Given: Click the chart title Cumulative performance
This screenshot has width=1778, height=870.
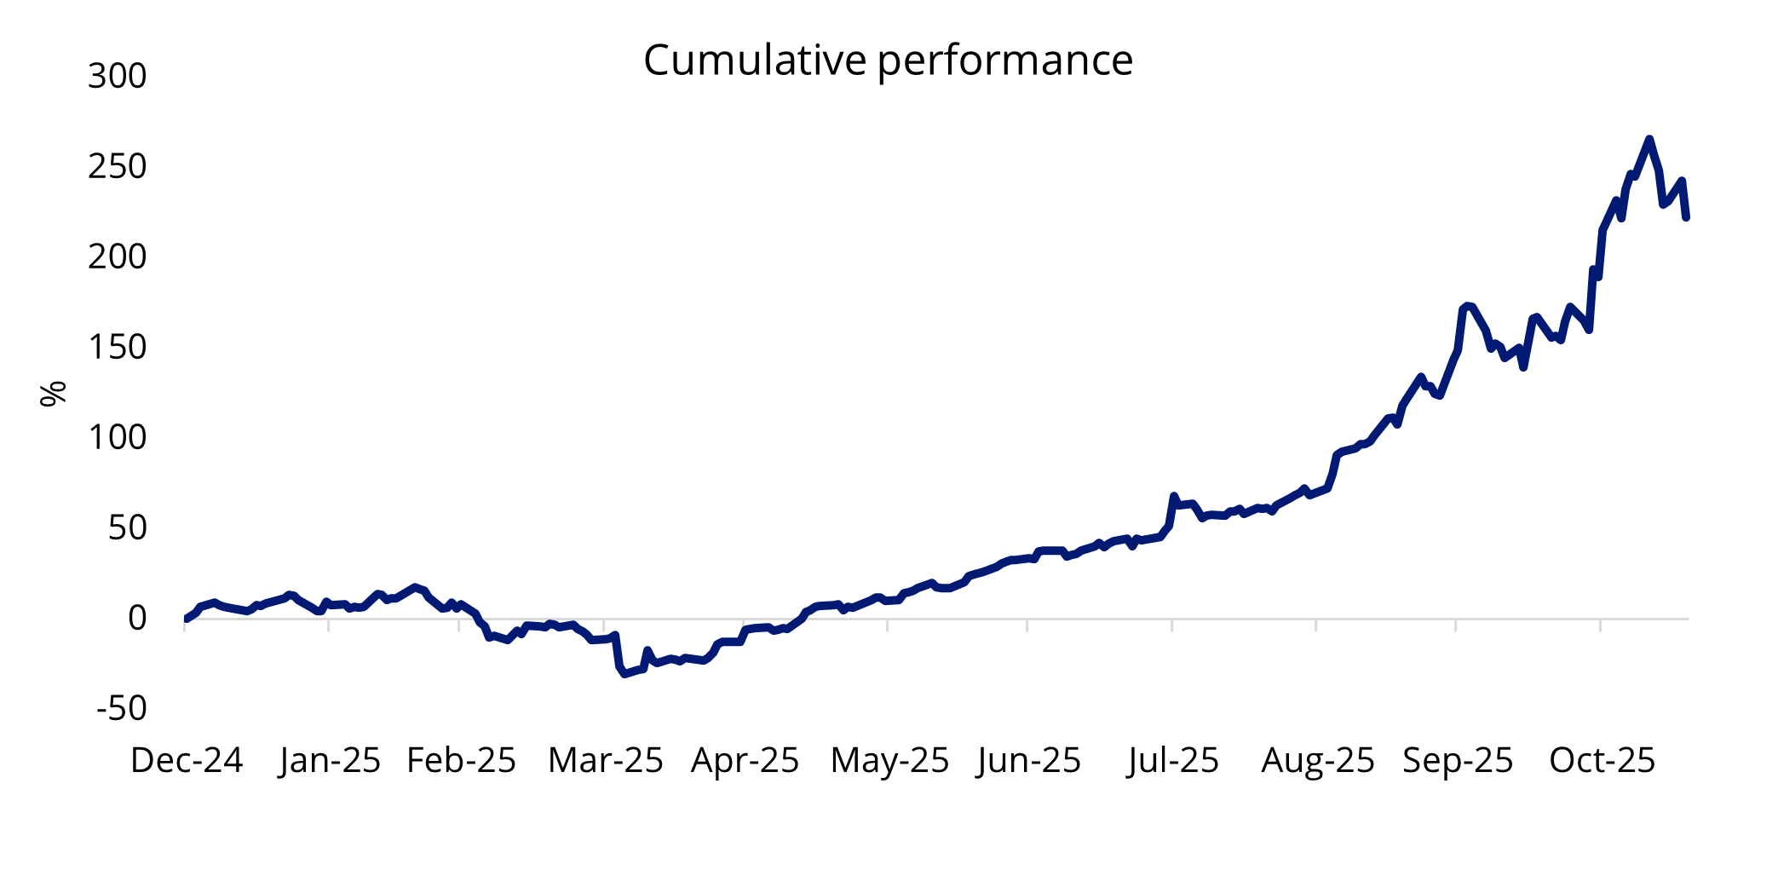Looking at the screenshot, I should [888, 60].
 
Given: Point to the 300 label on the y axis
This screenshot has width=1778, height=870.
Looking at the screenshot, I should [118, 77].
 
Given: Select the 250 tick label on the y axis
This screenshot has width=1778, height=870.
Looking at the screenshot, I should [118, 167].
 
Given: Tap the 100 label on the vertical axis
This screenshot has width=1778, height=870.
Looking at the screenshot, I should [118, 438].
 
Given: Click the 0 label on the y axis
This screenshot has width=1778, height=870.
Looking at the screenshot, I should [137, 619].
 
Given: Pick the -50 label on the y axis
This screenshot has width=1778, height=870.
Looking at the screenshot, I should [121, 709].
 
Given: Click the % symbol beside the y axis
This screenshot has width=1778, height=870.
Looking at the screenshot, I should [53, 393].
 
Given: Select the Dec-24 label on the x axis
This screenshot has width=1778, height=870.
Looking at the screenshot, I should [187, 760].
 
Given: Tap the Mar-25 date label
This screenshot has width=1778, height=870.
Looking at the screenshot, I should [605, 760].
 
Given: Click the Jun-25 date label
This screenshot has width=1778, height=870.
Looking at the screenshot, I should [1029, 760].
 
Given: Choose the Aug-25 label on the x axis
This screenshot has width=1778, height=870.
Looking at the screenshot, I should [1317, 760].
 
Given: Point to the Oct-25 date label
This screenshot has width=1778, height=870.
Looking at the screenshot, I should [1602, 760].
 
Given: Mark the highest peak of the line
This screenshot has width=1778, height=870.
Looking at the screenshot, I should [1649, 139].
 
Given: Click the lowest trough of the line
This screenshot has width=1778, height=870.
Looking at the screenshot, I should [624, 674].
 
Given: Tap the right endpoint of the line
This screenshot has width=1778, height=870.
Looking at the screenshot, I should [1686, 218].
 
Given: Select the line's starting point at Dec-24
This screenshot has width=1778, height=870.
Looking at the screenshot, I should [186, 619].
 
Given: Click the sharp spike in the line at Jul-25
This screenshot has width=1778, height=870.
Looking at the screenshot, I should [1173, 495].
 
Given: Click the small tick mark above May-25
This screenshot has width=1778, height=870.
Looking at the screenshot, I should [888, 625].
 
